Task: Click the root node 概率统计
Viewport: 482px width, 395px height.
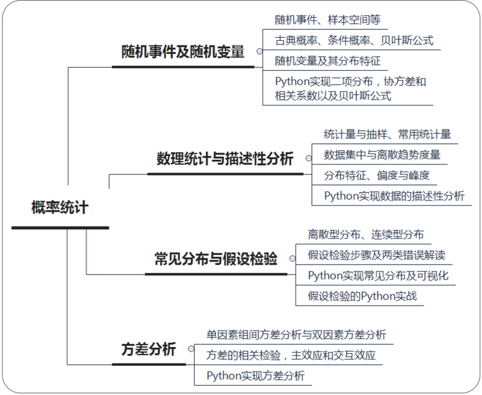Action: coord(60,208)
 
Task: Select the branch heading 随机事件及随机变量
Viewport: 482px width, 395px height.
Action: coord(183,52)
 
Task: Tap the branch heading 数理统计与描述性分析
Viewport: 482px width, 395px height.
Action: coord(225,159)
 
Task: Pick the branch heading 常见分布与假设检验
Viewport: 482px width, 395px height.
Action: coord(216,259)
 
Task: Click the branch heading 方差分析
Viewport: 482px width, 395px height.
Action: coord(149,349)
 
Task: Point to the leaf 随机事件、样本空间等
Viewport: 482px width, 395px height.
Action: coord(328,20)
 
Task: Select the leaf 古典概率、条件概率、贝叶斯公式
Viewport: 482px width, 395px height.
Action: coord(354,41)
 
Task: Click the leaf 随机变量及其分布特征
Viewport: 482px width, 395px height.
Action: coord(328,61)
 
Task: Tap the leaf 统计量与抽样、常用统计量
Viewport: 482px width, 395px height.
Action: coord(387,134)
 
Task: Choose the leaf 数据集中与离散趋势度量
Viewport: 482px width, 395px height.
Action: coord(382,155)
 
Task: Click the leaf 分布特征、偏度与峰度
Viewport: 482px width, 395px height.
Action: coord(377,175)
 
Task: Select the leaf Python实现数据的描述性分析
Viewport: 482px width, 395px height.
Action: coord(394,196)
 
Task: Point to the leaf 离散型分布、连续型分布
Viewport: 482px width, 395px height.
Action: coord(366,234)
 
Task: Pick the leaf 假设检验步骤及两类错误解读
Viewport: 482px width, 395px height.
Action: coord(376,255)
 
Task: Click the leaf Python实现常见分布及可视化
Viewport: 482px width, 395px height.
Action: coord(378,276)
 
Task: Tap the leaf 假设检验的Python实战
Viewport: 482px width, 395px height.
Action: coord(362,296)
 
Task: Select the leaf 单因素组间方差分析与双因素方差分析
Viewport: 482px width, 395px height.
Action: coord(296,335)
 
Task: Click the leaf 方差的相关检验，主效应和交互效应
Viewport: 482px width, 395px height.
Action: coord(291,355)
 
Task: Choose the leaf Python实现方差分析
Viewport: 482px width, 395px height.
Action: coord(255,376)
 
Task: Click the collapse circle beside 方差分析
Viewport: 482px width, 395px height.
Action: coord(191,349)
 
